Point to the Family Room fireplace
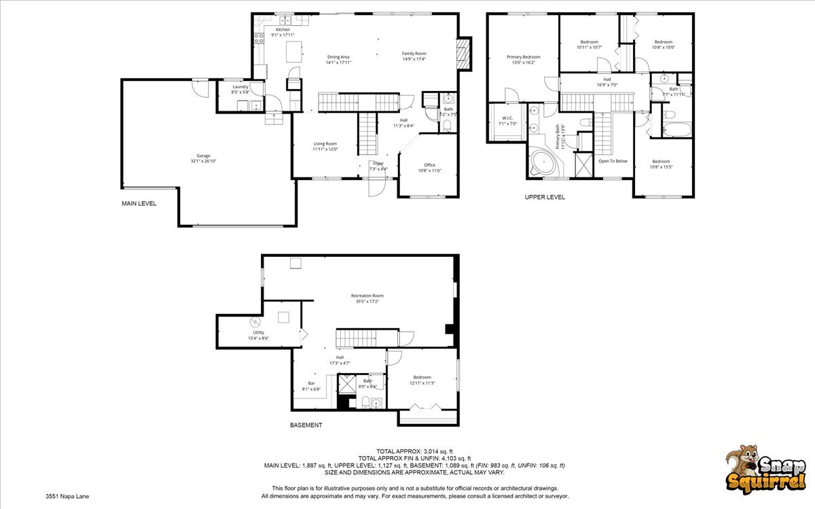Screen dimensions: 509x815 click(x=464, y=54)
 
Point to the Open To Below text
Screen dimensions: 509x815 click(x=613, y=161)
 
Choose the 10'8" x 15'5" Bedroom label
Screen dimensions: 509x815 click(x=662, y=164)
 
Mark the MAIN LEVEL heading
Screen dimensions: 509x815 click(x=139, y=203)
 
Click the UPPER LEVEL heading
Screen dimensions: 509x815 click(x=544, y=197)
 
